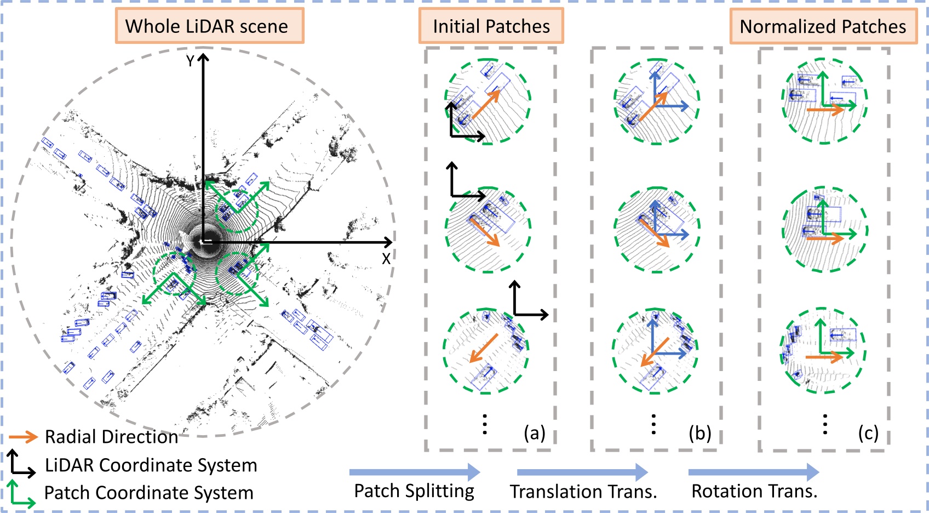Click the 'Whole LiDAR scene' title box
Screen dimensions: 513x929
tap(209, 26)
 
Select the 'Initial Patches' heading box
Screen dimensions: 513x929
tap(491, 26)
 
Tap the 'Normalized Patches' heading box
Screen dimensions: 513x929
tap(823, 26)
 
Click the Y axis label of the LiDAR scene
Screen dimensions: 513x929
tap(190, 61)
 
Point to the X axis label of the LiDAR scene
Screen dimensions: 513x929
tap(386, 259)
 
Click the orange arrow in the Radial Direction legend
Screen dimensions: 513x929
tap(23, 437)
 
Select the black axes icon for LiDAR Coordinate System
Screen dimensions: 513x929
tap(21, 464)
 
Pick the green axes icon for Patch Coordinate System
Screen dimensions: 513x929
tap(21, 493)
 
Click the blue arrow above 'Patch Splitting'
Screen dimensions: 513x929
tap(415, 472)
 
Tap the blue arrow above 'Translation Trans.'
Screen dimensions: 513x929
tap(582, 472)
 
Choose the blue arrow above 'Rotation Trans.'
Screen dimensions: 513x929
tap(754, 472)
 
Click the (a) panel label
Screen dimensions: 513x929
tap(535, 433)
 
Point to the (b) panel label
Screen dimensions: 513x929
tap(700, 433)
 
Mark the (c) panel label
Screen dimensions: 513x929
tap(868, 433)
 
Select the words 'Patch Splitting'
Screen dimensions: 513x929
tap(414, 491)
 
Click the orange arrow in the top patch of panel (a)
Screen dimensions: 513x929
tap(485, 105)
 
